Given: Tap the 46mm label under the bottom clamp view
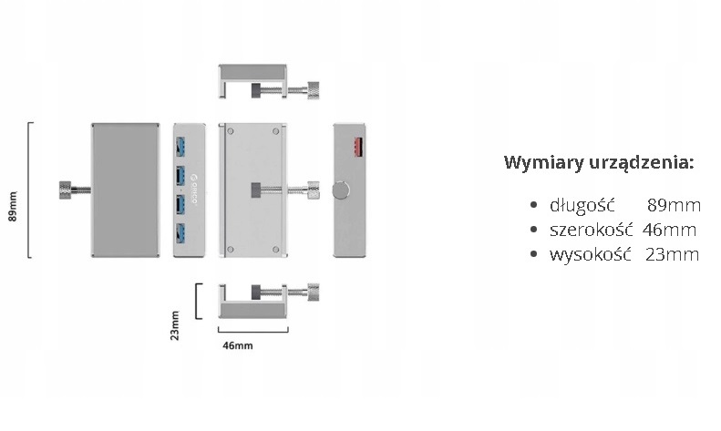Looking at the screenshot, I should [238, 345].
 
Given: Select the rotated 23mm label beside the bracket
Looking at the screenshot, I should [175, 325].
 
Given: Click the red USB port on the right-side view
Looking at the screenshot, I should [355, 144].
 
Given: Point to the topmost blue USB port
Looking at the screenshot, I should [180, 145].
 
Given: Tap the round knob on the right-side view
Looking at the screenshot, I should [340, 190].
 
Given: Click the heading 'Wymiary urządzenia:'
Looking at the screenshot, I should [599, 163].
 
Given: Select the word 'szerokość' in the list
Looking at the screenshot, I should [592, 230].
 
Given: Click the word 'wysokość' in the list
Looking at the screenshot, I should [591, 254].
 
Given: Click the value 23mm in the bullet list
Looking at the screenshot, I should [672, 254].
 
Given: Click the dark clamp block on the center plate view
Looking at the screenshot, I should [256, 190].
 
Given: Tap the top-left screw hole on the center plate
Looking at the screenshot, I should [230, 132].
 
